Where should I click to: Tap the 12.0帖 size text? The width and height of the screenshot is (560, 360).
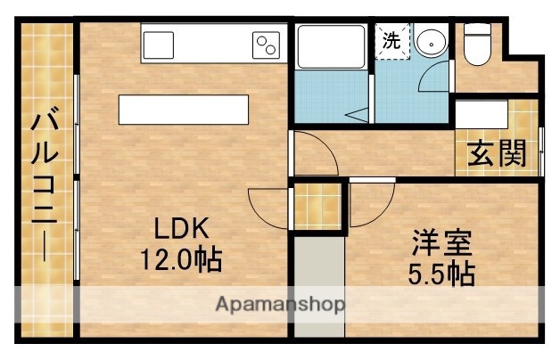(x=180, y=260)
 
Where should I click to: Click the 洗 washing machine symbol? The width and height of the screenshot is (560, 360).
(x=391, y=40)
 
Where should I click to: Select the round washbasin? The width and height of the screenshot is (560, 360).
(x=432, y=41)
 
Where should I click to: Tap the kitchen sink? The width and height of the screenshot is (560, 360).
(x=159, y=44)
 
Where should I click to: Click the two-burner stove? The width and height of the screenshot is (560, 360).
(x=266, y=43)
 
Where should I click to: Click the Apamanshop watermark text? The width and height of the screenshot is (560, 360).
(x=280, y=306)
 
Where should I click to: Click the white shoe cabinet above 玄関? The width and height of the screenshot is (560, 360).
(x=482, y=115)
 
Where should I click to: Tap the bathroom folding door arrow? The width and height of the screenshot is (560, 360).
(x=358, y=114)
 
